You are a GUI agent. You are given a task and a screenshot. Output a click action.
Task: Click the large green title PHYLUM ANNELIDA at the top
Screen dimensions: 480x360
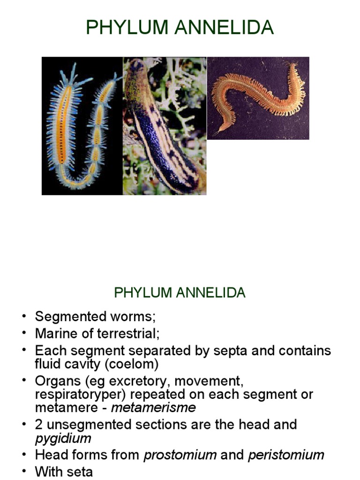pyautogui.click(x=180, y=28)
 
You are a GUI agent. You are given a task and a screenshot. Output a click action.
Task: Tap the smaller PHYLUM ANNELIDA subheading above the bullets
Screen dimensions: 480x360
pyautogui.click(x=180, y=293)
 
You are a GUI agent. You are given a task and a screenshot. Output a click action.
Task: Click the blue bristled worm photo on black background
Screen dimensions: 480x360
pyautogui.click(x=82, y=126)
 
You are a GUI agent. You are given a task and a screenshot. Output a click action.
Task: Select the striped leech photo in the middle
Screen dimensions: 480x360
pyautogui.click(x=165, y=126)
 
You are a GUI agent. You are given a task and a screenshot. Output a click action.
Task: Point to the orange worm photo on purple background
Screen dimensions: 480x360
pyautogui.click(x=258, y=98)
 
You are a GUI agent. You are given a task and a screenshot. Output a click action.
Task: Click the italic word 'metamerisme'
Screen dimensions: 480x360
pyautogui.click(x=153, y=407)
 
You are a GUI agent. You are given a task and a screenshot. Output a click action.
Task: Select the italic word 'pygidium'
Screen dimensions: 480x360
pyautogui.click(x=63, y=438)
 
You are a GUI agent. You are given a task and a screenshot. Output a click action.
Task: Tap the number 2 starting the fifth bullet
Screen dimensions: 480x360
pyautogui.click(x=39, y=425)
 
